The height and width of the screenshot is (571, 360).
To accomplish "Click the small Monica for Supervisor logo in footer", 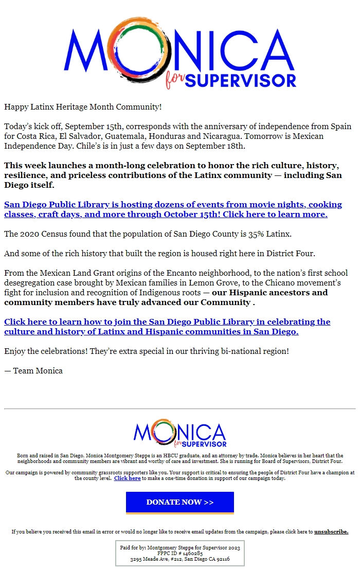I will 179,435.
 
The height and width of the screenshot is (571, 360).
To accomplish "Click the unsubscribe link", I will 331,531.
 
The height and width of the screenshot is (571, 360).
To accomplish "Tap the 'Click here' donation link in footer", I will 127,478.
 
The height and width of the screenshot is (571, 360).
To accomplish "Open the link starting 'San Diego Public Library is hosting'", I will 173,209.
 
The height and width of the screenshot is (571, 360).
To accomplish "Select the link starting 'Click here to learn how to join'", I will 167,327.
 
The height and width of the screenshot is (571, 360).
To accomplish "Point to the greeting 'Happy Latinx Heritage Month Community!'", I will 83,107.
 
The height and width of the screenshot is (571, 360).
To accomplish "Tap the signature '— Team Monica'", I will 33,370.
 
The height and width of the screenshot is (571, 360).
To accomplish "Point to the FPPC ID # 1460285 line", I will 179,553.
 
